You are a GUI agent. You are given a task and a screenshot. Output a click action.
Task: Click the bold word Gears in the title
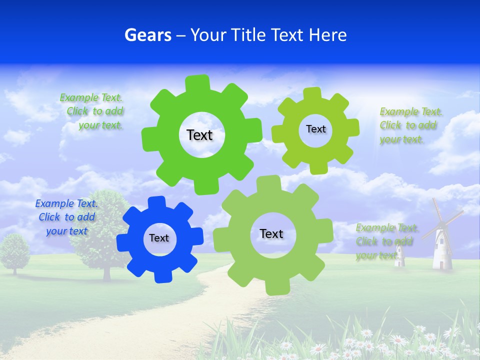pyautogui.click(x=148, y=35)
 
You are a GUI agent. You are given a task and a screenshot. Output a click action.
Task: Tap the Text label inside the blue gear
pyautogui.click(x=159, y=238)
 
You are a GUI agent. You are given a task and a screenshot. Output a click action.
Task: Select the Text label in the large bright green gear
pyautogui.click(x=199, y=135)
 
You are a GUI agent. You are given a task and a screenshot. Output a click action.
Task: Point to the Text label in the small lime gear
pyautogui.click(x=315, y=129)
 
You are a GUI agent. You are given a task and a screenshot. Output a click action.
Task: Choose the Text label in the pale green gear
pyautogui.click(x=271, y=233)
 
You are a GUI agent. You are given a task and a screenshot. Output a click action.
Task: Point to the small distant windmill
pyautogui.click(x=399, y=252)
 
